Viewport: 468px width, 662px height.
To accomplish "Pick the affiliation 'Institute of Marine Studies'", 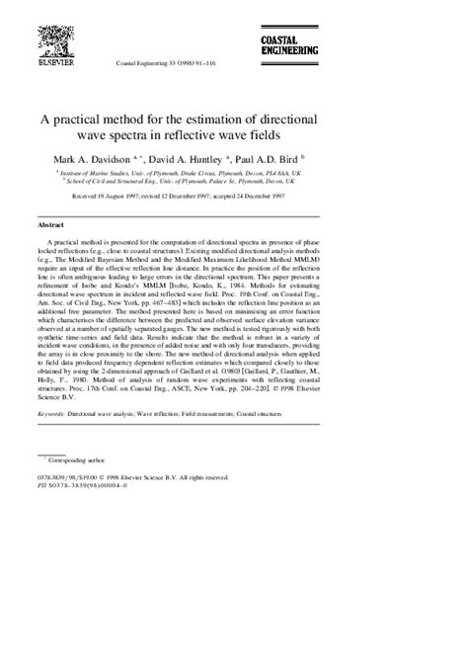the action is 138,173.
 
